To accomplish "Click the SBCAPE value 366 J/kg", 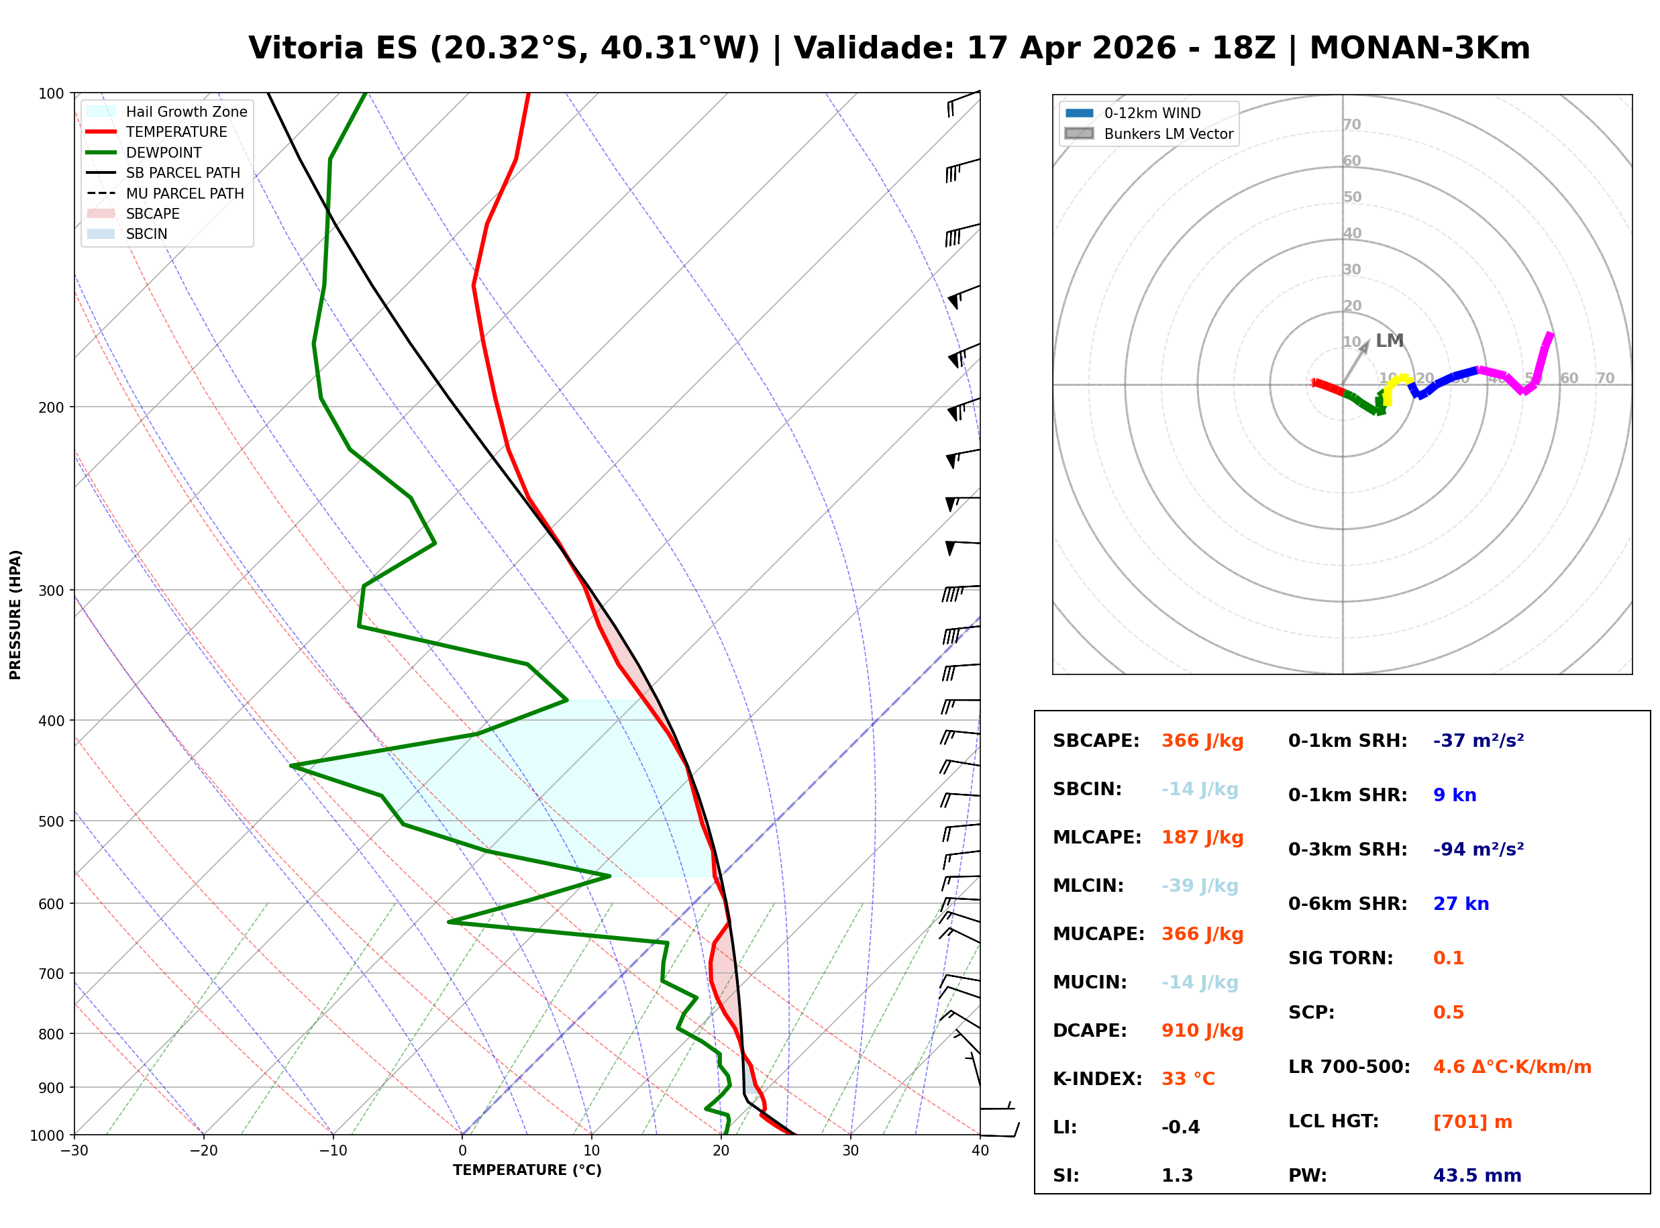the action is pos(1202,741).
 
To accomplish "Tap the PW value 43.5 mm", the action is pos(1477,1176).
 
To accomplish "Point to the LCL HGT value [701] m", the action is pos(1473,1122).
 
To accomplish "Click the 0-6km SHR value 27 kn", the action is pos(1461,904).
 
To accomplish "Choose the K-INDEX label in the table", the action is pos(1098,1079).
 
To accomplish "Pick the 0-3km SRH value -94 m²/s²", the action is pos(1479,849).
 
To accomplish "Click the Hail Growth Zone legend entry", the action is pos(167,111).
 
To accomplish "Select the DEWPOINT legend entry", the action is pos(145,152).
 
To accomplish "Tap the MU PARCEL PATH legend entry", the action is pos(166,193).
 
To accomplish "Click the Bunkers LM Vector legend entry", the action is pos(1149,134).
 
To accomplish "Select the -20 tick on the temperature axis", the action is pos(203,1152).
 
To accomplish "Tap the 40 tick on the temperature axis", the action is pos(980,1152).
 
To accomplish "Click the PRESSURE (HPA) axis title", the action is pos(15,615).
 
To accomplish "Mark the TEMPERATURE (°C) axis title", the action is pos(527,1171).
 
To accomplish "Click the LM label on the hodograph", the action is pos(1390,341).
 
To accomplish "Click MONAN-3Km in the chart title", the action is pos(1420,48).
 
